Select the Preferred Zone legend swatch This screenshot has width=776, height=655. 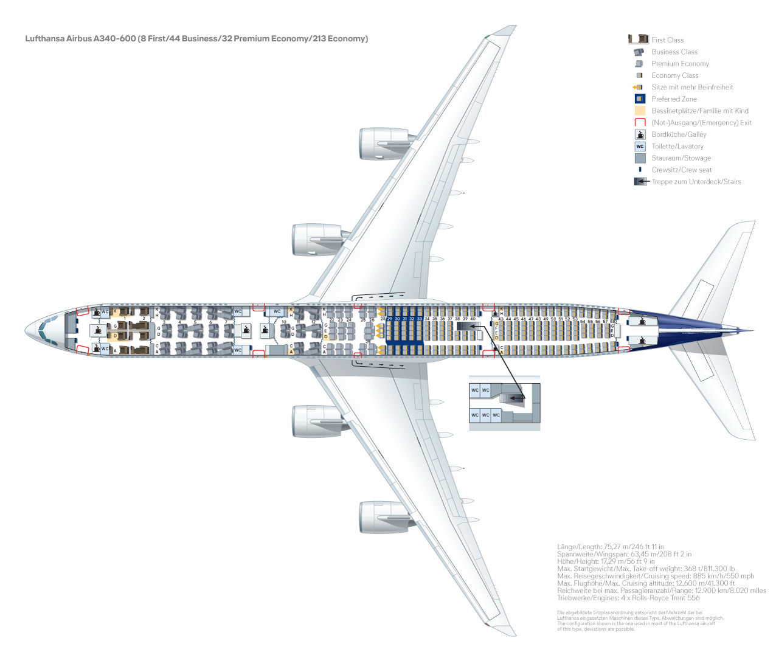[x=639, y=99]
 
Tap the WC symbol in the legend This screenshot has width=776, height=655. [x=640, y=147]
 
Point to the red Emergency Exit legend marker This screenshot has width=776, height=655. [x=640, y=123]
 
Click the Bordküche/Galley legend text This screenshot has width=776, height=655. [x=679, y=134]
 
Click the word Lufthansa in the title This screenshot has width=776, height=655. [x=45, y=39]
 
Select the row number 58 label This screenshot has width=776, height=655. [x=612, y=321]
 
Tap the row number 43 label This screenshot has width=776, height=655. [x=501, y=319]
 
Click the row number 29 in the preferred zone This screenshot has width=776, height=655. [x=390, y=319]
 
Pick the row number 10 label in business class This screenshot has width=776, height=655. [x=284, y=322]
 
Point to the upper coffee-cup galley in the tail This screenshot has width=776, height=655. [x=642, y=321]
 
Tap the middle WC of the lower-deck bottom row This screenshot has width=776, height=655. [x=485, y=415]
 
